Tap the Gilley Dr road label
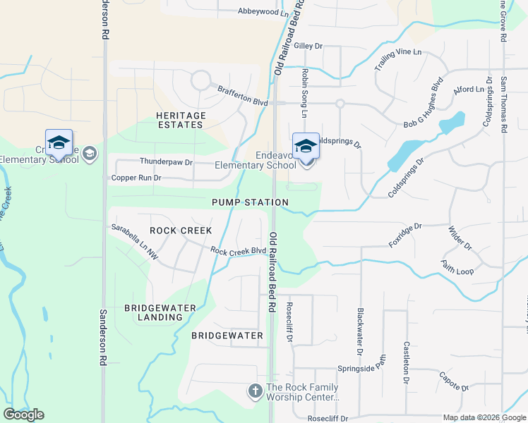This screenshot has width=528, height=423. click(308, 46)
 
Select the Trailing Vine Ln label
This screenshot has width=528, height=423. click(397, 59)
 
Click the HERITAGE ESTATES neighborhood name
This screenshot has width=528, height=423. click(181, 120)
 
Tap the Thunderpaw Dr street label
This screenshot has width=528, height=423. click(166, 162)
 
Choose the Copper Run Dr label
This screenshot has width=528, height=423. click(136, 178)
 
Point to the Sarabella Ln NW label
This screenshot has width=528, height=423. click(134, 242)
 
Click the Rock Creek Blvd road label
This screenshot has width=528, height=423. click(238, 250)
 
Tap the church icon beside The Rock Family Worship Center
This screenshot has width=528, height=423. click(256, 390)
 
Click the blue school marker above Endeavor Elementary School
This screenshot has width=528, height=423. click(306, 146)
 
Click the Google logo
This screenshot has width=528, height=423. click(23, 415)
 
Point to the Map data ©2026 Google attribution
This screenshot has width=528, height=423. click(484, 417)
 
